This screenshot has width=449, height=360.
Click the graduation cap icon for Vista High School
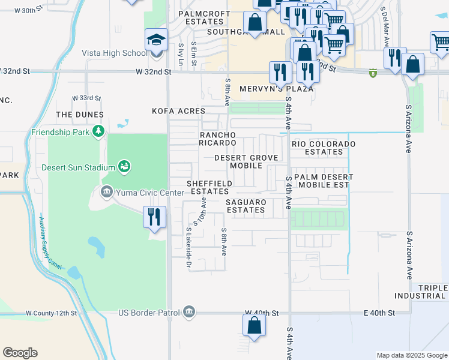[156, 41]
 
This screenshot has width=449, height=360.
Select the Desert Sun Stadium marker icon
[124, 166]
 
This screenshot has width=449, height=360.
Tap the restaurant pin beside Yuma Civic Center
[154, 217]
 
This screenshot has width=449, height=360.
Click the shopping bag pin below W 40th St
[254, 326]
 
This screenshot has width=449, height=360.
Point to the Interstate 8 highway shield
[373, 73]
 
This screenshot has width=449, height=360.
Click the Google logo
[20, 352]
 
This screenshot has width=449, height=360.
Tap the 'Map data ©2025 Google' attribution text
[411, 355]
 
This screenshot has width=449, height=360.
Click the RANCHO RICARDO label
[218, 139]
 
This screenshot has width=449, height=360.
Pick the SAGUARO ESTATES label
[246, 206]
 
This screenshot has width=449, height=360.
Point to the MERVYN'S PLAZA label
[277, 89]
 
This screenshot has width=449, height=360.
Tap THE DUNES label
[80, 115]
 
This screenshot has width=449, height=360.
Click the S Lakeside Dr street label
[188, 246]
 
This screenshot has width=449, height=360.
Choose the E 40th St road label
[378, 313]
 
